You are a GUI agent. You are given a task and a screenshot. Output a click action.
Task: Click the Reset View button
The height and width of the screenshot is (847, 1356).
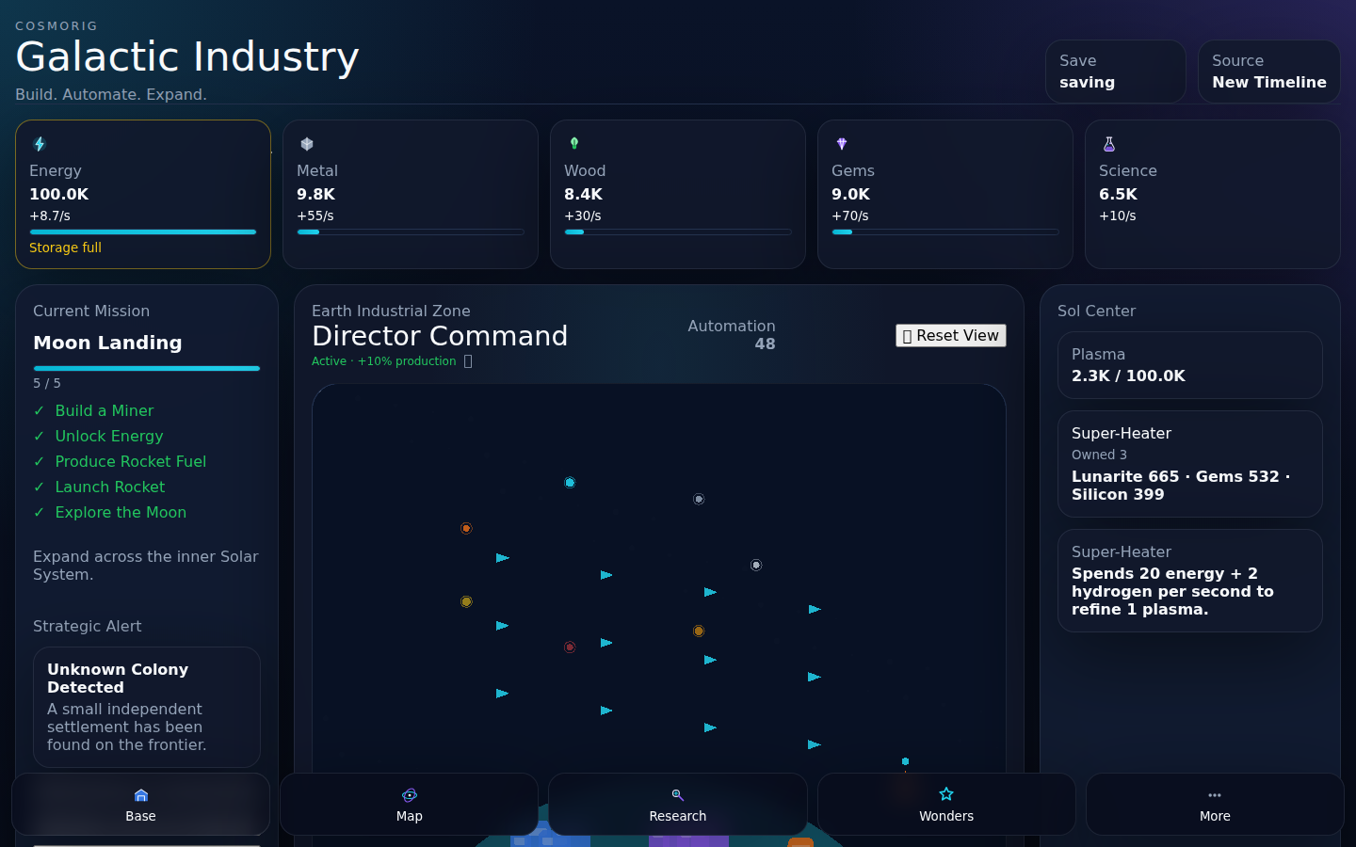(x=950, y=335)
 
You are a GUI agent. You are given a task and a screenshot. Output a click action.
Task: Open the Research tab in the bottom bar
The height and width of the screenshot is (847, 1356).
(x=677, y=804)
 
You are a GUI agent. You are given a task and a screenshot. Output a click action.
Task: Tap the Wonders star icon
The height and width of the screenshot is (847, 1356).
(x=946, y=793)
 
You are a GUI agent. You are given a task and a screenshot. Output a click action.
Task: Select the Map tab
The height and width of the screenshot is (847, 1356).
(x=410, y=804)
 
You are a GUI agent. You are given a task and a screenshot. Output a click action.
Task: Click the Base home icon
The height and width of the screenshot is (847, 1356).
(x=141, y=795)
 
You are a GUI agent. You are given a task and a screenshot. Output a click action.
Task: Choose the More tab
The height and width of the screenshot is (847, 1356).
(x=1215, y=804)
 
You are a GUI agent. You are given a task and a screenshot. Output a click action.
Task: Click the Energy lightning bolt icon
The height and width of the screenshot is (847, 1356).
(x=40, y=144)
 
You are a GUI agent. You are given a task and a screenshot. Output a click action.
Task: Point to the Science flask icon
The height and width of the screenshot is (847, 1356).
(x=1109, y=144)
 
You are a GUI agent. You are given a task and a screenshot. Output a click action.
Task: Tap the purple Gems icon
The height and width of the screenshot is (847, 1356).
(x=842, y=143)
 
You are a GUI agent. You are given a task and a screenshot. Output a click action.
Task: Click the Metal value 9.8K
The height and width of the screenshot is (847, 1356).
(x=316, y=194)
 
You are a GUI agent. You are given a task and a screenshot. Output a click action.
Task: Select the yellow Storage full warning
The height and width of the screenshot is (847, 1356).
(x=65, y=248)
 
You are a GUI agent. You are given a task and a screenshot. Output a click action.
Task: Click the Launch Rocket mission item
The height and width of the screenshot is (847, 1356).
(x=109, y=487)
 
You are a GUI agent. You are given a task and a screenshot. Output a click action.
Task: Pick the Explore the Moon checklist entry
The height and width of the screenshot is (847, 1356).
(x=121, y=512)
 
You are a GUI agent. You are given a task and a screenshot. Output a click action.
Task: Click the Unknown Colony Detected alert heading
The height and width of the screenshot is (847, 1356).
(x=118, y=679)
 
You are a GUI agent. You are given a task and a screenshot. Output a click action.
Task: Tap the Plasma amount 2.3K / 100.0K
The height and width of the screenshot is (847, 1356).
(x=1128, y=376)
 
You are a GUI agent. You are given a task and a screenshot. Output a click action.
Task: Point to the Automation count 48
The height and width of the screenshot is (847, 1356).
(x=765, y=344)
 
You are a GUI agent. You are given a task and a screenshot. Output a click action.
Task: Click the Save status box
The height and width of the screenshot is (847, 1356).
(x=1115, y=72)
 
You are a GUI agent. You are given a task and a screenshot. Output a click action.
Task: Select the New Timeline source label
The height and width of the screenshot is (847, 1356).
(x=1268, y=82)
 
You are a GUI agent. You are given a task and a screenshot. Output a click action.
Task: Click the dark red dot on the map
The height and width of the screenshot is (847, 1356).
(x=570, y=647)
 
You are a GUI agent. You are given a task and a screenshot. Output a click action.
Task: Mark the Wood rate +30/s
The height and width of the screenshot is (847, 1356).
(x=582, y=216)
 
